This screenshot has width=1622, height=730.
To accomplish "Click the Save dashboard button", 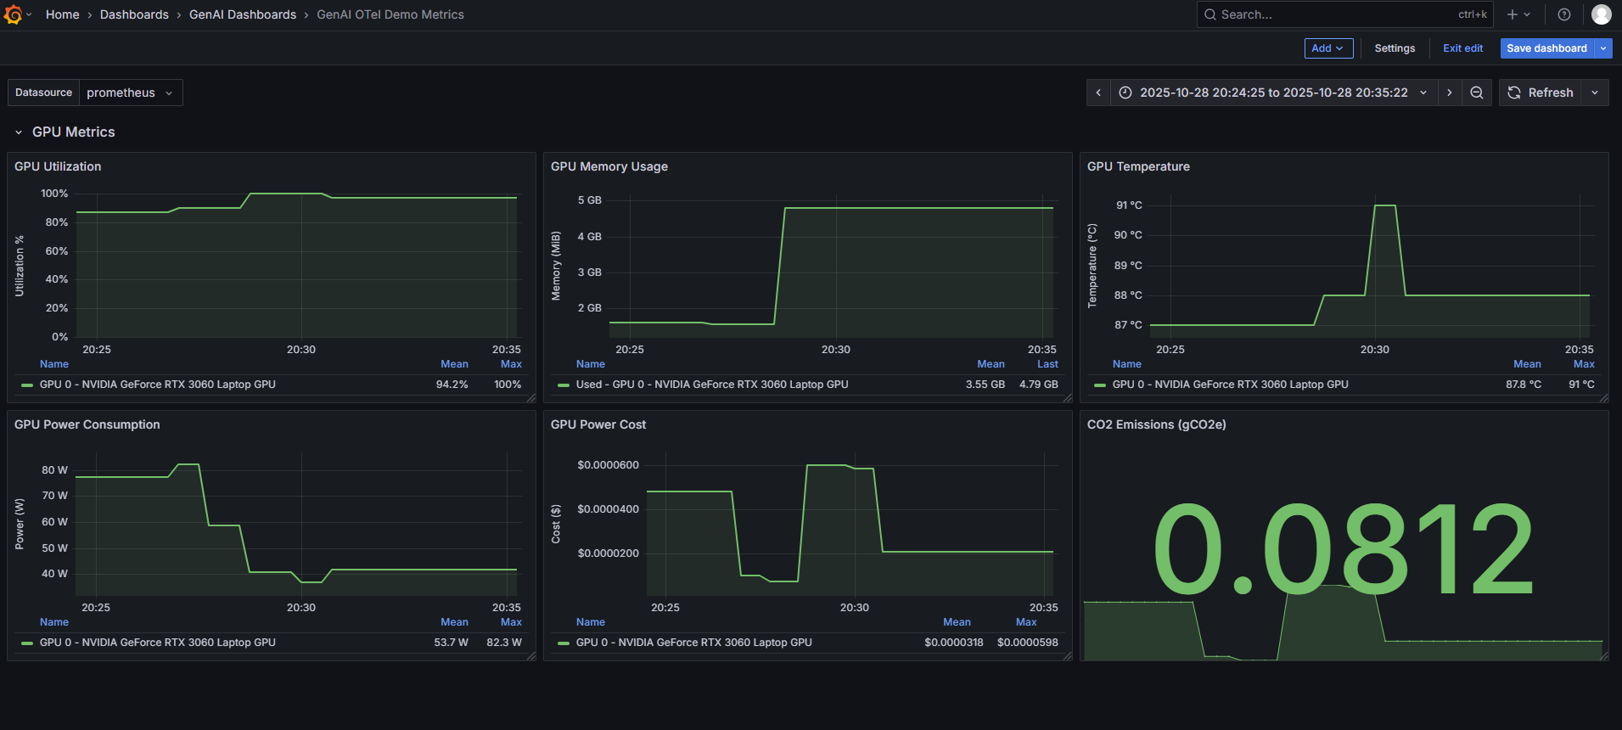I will coord(1546,48).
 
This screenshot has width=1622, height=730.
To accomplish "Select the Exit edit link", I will coord(1462,48).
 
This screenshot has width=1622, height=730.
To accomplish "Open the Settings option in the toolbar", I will coord(1395,48).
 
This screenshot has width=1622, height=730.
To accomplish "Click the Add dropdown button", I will coord(1328,48).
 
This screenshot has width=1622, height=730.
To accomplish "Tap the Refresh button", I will coord(1541,93).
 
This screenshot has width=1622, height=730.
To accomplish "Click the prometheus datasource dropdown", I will coord(130,93).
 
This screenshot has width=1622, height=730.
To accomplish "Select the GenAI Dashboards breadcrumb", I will coord(243,14).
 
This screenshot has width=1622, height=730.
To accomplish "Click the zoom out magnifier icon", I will coord(1477,93).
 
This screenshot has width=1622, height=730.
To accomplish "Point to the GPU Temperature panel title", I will coord(1138,166).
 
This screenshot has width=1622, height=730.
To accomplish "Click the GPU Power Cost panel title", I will coord(598,424).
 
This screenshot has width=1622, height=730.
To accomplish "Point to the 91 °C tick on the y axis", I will coord(1129,205).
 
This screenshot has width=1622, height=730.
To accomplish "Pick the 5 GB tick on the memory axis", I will coord(589,200).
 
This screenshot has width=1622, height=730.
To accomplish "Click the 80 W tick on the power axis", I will coord(54,470).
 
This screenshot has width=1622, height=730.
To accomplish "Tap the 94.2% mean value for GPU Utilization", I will coord(452,385).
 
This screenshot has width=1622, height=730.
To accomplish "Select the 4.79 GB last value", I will coord(1038,385).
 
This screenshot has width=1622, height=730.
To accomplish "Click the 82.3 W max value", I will coord(503,643).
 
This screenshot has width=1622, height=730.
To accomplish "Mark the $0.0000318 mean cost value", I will coord(953,643).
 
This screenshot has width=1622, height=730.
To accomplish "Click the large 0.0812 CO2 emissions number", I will coord(1343,549).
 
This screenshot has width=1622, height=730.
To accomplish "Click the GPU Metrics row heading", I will coord(73,132).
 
